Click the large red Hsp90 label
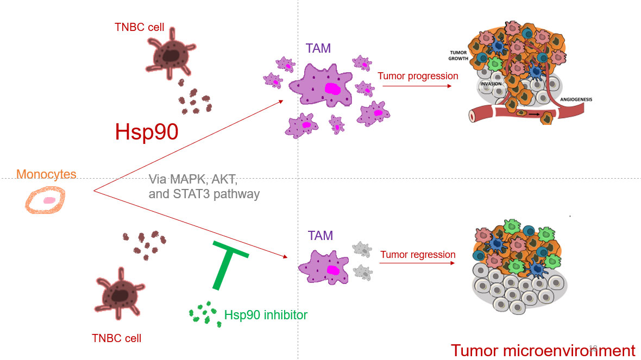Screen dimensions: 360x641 [x=147, y=132]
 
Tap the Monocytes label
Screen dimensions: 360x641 [x=46, y=174]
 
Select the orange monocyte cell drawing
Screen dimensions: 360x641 [x=45, y=202]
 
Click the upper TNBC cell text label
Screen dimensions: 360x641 [x=139, y=27]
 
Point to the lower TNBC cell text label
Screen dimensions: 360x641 [x=117, y=338]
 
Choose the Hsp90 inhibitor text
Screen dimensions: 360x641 [x=266, y=315]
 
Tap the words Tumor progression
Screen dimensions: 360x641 [x=418, y=76]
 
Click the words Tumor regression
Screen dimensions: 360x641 [x=418, y=254]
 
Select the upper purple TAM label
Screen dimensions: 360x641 [x=318, y=49]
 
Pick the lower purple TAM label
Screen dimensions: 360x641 [x=320, y=236]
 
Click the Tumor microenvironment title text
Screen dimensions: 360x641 [x=543, y=350]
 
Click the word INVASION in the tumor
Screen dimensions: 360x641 [x=491, y=84]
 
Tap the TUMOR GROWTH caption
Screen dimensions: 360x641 [x=458, y=55]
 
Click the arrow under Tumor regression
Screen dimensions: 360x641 [x=417, y=263]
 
